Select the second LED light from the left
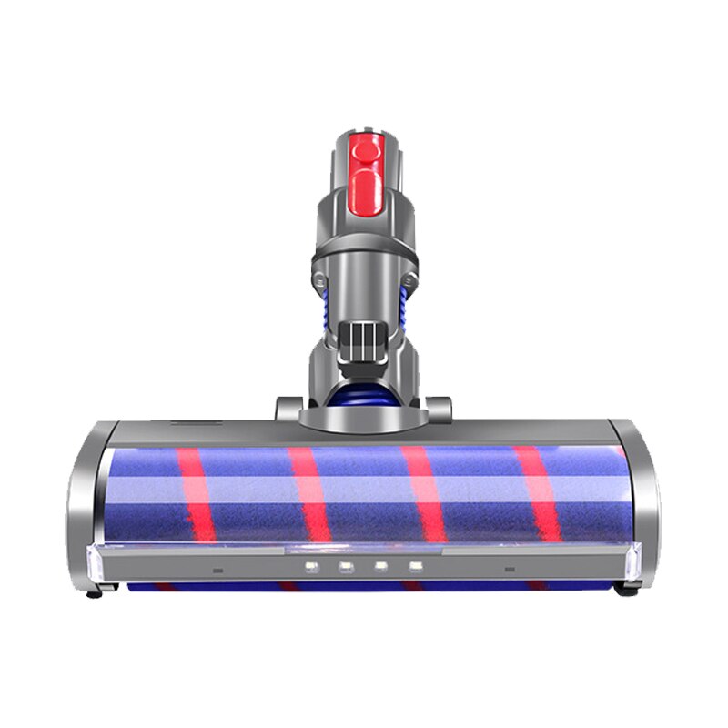tap(347, 567)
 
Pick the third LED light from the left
tap(382, 567)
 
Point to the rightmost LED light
tap(416, 567)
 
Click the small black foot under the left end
tap(93, 593)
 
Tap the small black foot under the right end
tap(626, 590)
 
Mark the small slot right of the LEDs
tap(509, 571)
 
